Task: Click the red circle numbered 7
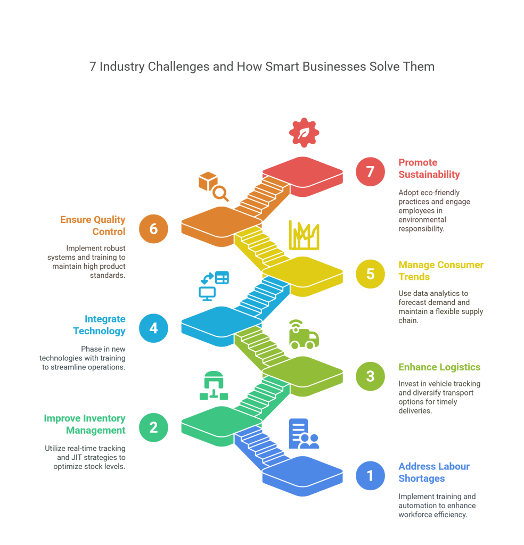[x=370, y=172]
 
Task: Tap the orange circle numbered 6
[x=153, y=229]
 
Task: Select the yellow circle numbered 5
[x=370, y=274]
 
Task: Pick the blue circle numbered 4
[x=153, y=327]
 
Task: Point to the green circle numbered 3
[x=370, y=376]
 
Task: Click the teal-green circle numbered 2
[x=153, y=427]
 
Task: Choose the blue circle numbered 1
[x=370, y=475]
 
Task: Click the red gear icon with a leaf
[x=304, y=133]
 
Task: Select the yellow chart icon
[x=304, y=235]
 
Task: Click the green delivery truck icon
[x=304, y=335]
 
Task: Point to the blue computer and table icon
[x=213, y=285]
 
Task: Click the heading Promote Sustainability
[x=429, y=168]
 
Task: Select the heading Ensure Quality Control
[x=93, y=225]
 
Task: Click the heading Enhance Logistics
[x=439, y=367]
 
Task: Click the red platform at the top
[x=302, y=174]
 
